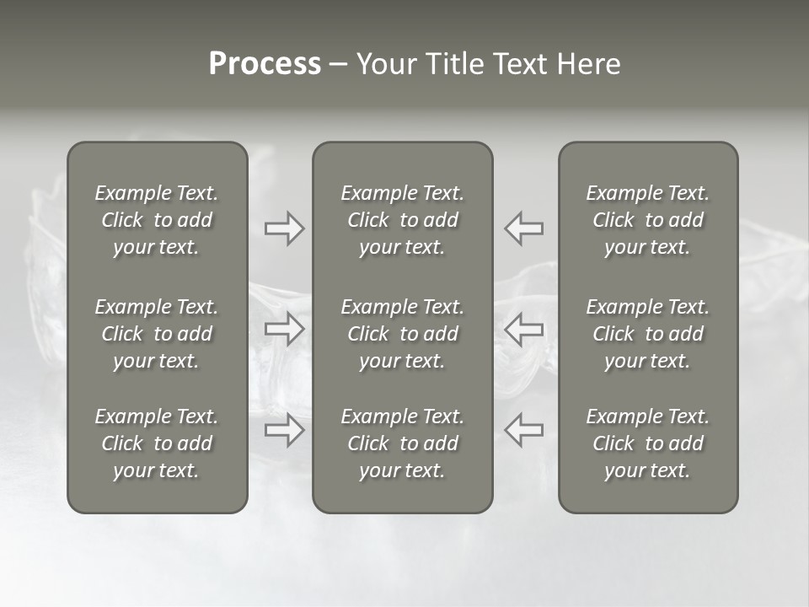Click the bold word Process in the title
pos(265,64)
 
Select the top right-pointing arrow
pos(285,228)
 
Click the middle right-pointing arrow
pos(285,329)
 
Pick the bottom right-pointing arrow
pos(285,430)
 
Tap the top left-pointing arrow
pos(524,228)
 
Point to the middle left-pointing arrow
pos(524,329)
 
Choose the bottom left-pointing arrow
pos(524,430)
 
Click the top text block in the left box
pos(157,220)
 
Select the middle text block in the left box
pos(157,334)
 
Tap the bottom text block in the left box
pos(157,443)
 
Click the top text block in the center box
pos(403,220)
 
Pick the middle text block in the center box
pos(403,334)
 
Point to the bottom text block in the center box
pos(403,443)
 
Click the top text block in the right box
pos(648,220)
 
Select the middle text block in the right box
pos(648,334)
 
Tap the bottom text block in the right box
pos(648,443)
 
